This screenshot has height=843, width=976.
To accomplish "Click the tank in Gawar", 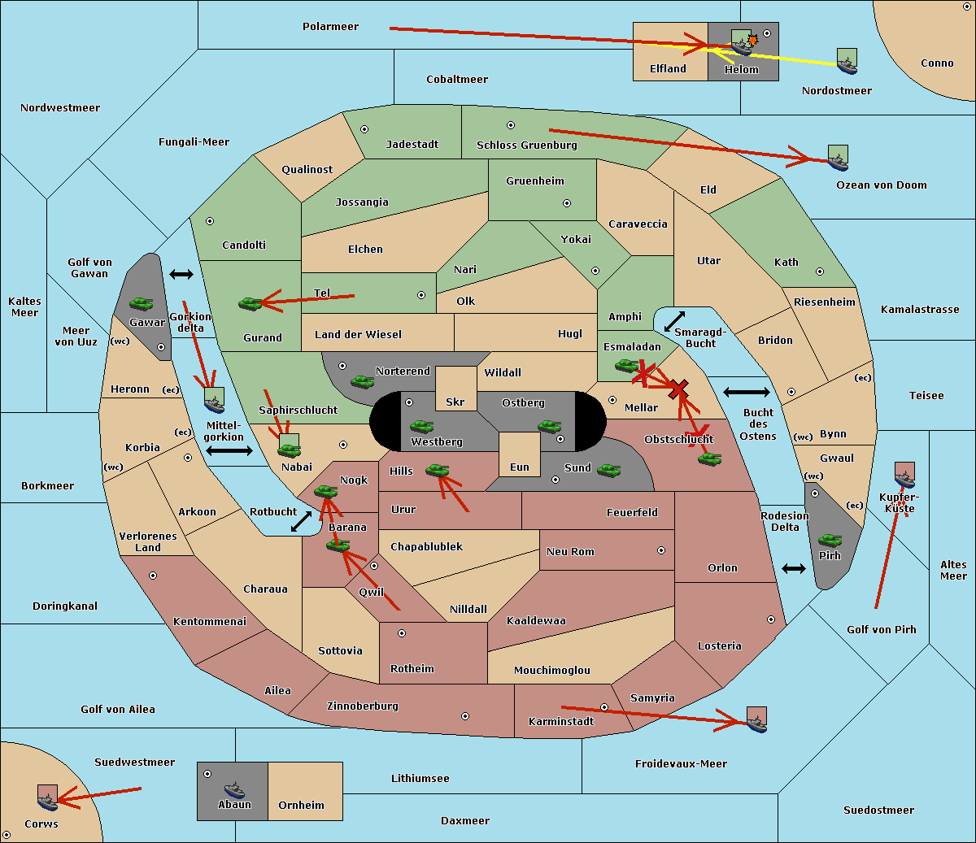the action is tap(141, 303).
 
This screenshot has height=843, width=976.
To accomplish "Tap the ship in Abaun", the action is tap(235, 789).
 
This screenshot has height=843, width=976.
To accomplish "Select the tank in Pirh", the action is tap(830, 540).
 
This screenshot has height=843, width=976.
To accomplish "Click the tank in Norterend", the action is tap(362, 381).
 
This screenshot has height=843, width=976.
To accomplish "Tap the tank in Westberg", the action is tap(421, 426).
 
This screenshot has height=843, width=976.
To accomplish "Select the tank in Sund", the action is tap(608, 470).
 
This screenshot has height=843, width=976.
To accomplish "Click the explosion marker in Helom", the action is tap(752, 40).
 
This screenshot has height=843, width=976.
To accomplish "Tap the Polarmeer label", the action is tap(330, 27).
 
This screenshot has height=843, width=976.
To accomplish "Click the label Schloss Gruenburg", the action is tap(527, 145).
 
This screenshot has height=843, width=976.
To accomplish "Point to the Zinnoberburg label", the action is tap(363, 706).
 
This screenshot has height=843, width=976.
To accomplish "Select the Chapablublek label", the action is tap(426, 546).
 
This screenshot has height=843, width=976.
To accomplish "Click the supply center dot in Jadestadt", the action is tap(364, 129).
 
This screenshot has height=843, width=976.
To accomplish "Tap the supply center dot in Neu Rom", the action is tap(661, 550).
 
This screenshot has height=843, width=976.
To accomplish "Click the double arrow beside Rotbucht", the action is tap(302, 521).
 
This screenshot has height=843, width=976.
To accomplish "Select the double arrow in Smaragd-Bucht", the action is tap(674, 321).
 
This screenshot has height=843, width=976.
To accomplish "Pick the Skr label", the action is tap(455, 402).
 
